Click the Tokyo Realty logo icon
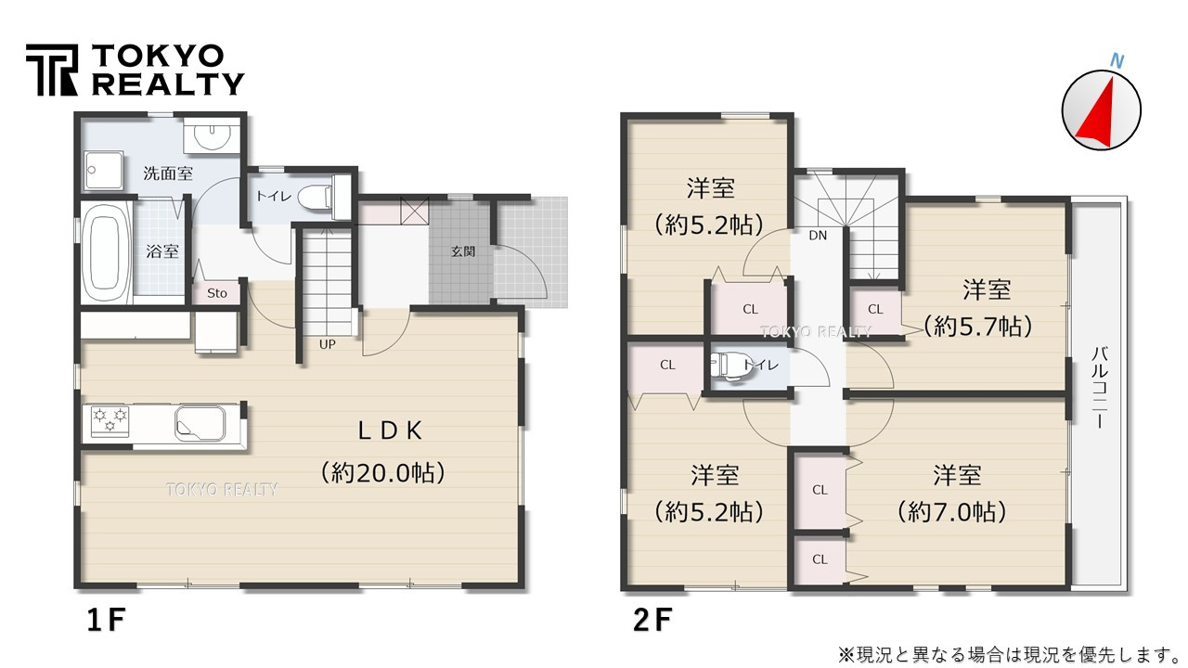(x=52, y=71)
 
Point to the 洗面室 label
(x=168, y=173)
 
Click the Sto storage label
(x=217, y=293)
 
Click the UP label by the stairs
(x=328, y=344)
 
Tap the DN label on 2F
(x=817, y=236)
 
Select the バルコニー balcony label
(x=1099, y=387)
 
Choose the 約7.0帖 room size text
(x=952, y=511)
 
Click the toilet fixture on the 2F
(x=727, y=365)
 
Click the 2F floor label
(x=655, y=620)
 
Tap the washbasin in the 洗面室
(x=213, y=137)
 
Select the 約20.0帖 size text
(x=384, y=472)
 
